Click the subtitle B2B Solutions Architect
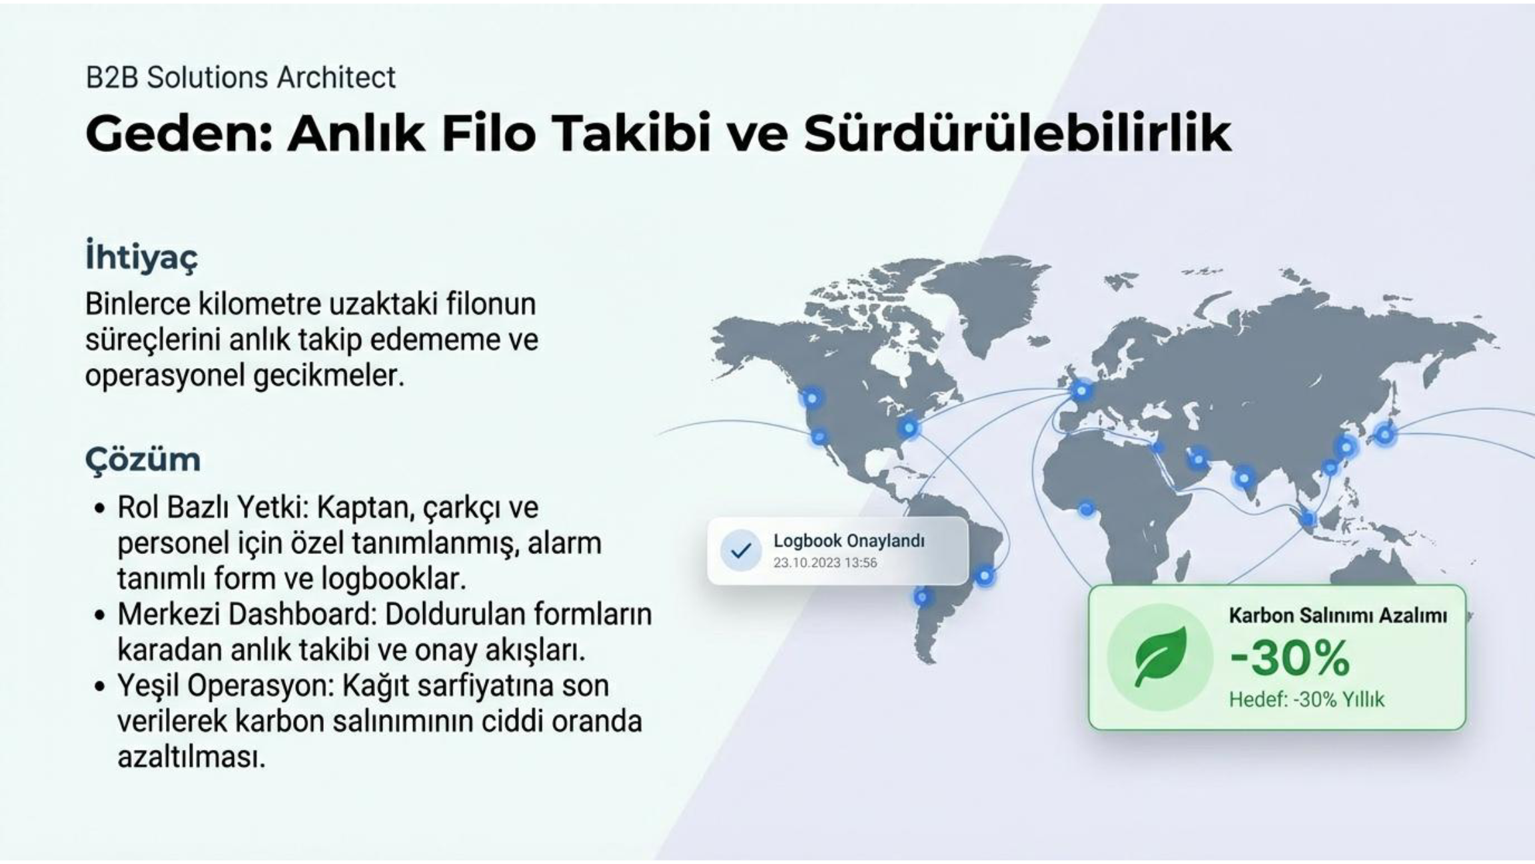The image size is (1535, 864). coord(241,77)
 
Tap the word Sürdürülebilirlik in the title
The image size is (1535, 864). coord(1017,133)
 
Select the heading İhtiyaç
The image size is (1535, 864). coord(142,257)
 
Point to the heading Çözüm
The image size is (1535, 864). coord(143,460)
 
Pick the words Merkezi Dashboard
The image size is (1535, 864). coord(246,614)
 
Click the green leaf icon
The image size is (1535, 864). coord(1160,657)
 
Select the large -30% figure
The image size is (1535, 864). coord(1290,658)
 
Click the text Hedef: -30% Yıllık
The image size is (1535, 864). coord(1306,699)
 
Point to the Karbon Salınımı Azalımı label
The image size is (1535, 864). coord(1338,615)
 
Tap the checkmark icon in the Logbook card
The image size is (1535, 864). coord(741,551)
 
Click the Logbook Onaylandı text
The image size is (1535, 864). coord(849,541)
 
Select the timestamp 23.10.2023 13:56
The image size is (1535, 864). coord(825,563)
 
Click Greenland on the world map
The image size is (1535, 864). coord(979,300)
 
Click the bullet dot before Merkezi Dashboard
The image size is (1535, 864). coord(100,615)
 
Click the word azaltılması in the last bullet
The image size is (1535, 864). coord(191,757)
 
